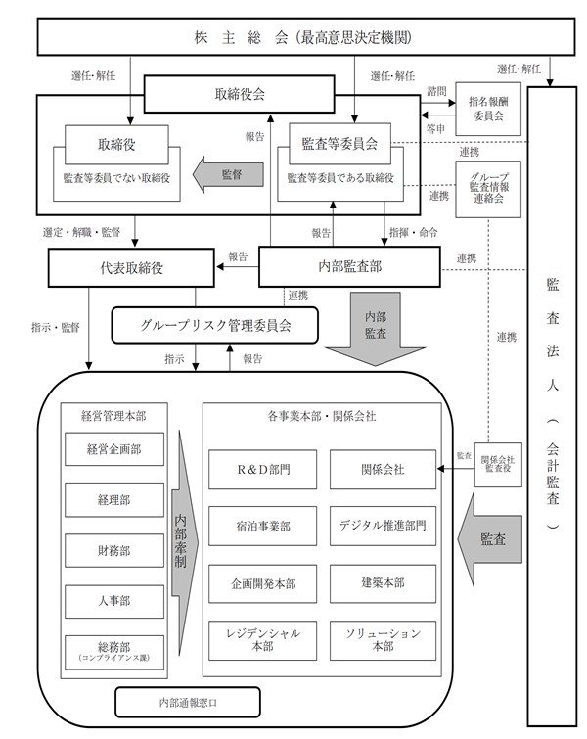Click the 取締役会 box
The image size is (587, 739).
tap(240, 94)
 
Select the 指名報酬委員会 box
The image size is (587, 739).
tap(488, 109)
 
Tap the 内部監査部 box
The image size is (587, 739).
tap(349, 267)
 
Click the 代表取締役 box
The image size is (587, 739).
tap(131, 268)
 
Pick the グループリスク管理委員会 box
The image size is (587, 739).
tap(215, 325)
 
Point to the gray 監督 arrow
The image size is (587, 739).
tap(228, 174)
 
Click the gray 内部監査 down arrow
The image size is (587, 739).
tap(376, 329)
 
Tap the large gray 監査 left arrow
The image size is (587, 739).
tap(490, 539)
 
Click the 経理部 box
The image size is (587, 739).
tap(114, 499)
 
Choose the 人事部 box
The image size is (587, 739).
tap(114, 601)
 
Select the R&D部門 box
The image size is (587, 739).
tap(263, 470)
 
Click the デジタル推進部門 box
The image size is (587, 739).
tap(383, 526)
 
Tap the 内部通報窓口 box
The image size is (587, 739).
tap(188, 702)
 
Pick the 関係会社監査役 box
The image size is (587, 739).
tap(498, 464)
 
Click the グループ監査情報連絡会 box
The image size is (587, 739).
tap(488, 189)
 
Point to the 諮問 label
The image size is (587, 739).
tap(436, 91)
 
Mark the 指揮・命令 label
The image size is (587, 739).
tap(413, 232)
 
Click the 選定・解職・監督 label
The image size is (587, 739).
tap(81, 232)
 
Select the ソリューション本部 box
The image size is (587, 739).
tap(383, 640)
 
